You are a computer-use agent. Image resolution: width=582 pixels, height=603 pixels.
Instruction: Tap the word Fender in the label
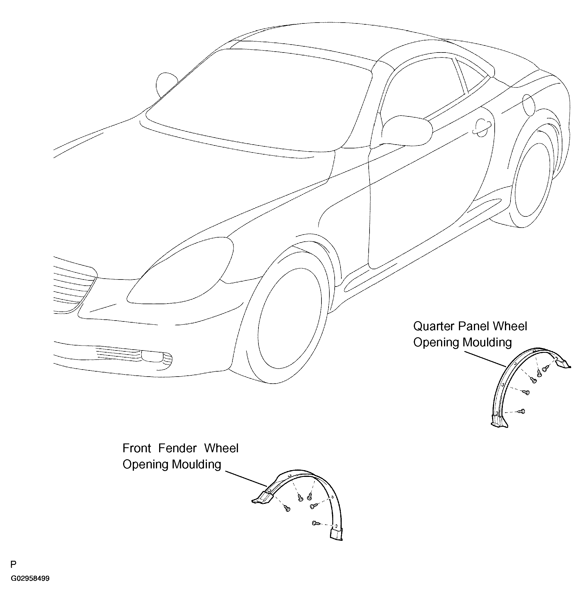pyautogui.click(x=177, y=448)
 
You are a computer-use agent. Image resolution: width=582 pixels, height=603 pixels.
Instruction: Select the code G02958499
pyautogui.click(x=30, y=578)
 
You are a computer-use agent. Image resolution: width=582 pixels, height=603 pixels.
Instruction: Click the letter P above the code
pyautogui.click(x=13, y=564)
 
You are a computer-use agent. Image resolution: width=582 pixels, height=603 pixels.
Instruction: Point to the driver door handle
pyautogui.click(x=482, y=127)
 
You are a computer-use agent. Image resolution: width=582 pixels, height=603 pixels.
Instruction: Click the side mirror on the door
pyautogui.click(x=406, y=131)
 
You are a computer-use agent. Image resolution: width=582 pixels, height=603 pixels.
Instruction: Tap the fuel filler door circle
pyautogui.click(x=528, y=105)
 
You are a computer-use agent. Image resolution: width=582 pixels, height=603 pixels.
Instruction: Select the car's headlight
pyautogui.click(x=180, y=271)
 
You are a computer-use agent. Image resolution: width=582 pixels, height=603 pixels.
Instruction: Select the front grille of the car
pyautogui.click(x=74, y=284)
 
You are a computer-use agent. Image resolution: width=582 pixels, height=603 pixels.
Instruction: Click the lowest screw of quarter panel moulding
pyautogui.click(x=521, y=411)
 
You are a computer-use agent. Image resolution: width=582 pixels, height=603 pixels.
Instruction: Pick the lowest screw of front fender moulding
pyautogui.click(x=315, y=523)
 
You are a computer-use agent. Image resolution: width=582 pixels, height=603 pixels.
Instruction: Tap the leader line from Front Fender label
pyautogui.click(x=246, y=478)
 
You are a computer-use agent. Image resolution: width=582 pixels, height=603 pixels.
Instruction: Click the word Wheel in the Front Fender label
pyautogui.click(x=221, y=448)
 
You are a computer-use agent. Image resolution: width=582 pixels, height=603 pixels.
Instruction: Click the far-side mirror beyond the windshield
pyautogui.click(x=166, y=84)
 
